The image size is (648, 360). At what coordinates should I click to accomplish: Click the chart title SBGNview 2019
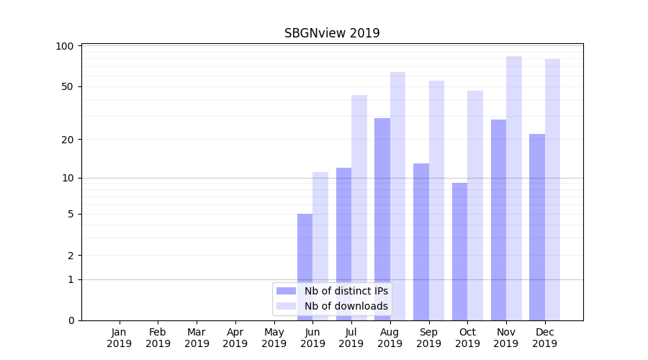point(332,33)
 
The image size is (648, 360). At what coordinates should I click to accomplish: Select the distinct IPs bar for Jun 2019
point(305,266)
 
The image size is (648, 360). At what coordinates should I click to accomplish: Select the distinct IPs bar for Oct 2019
point(459,251)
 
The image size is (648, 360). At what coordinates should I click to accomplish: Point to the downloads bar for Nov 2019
point(514,188)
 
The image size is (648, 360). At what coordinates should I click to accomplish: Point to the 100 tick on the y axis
point(66,46)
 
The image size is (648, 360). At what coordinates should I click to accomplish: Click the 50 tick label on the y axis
point(68,86)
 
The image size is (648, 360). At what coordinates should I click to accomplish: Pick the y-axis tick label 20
point(68,140)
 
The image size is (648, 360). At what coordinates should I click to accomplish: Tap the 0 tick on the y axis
point(71,320)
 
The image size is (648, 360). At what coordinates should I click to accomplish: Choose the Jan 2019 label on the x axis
point(120,338)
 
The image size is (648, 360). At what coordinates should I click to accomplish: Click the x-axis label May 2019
point(274,338)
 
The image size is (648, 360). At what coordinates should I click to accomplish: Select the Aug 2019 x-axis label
point(390,338)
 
